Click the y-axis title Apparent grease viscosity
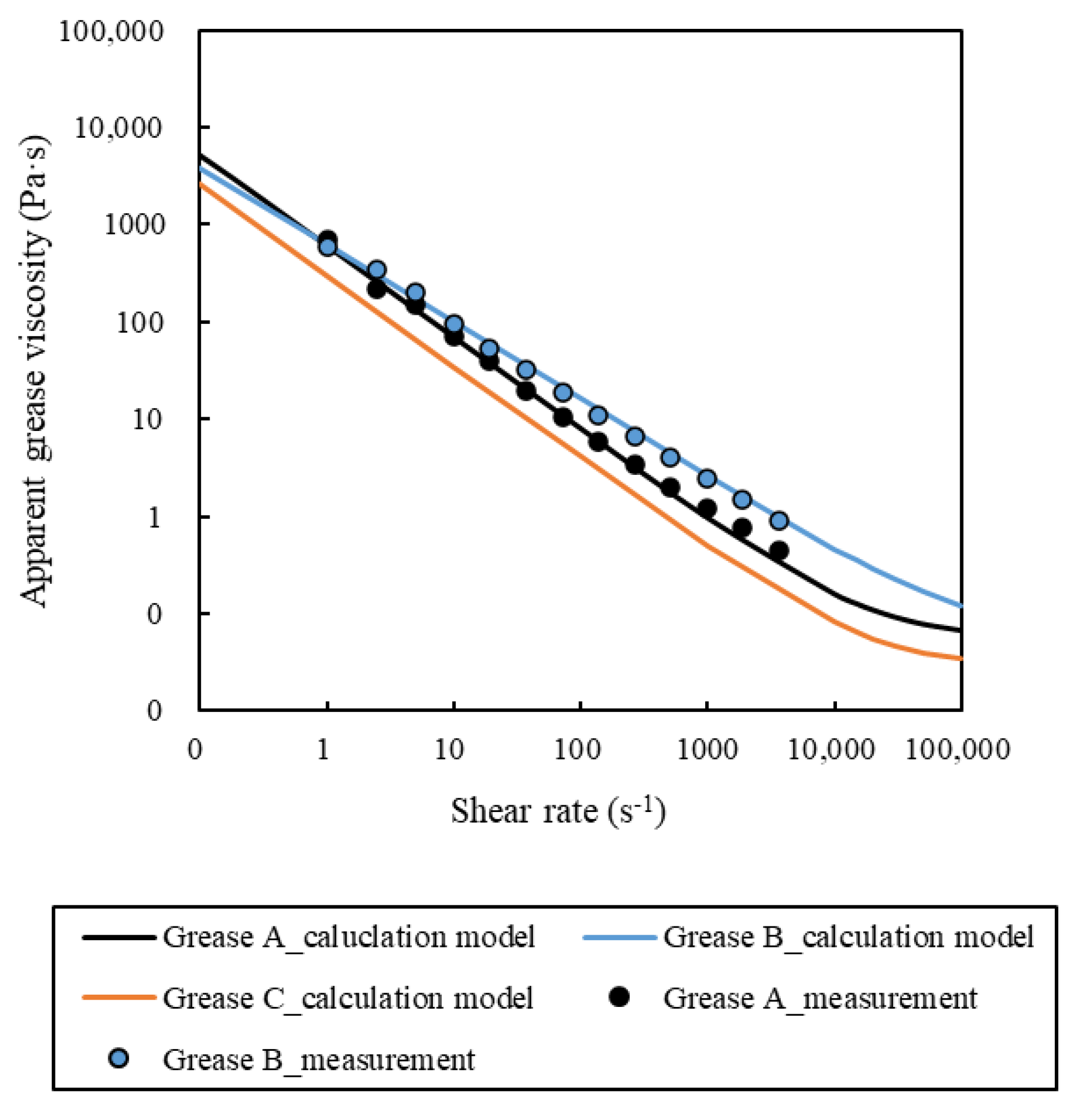tap(35, 372)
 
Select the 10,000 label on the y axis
tap(118, 128)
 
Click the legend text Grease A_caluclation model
tap(348, 937)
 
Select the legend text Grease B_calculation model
tap(848, 937)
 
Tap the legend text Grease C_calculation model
tap(348, 999)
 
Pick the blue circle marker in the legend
tap(119, 1058)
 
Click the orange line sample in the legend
tap(119, 998)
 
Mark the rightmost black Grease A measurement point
tap(779, 550)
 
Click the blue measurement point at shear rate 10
tap(453, 324)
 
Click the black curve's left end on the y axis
tap(200, 155)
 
